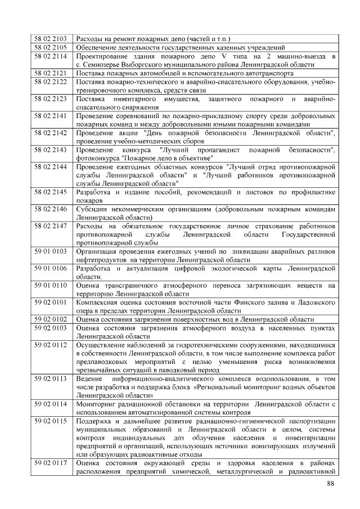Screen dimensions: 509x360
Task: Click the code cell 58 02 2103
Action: pos(51,39)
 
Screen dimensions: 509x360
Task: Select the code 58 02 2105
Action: pos(51,48)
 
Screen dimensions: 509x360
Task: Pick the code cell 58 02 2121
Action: pos(51,73)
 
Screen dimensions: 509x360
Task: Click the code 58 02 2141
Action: pos(51,115)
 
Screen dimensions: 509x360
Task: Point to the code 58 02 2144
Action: pos(51,167)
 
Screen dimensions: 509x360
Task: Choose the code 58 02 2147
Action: pos(51,226)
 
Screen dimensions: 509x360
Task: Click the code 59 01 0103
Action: pos(51,251)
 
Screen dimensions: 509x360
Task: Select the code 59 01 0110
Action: pos(51,286)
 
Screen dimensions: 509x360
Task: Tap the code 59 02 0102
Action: pos(51,319)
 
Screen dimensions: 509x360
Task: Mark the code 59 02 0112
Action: pos(51,345)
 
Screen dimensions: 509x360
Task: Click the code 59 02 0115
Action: pos(51,421)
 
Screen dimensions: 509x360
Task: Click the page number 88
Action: pos(331,484)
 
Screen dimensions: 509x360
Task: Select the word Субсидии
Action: pos(92,209)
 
